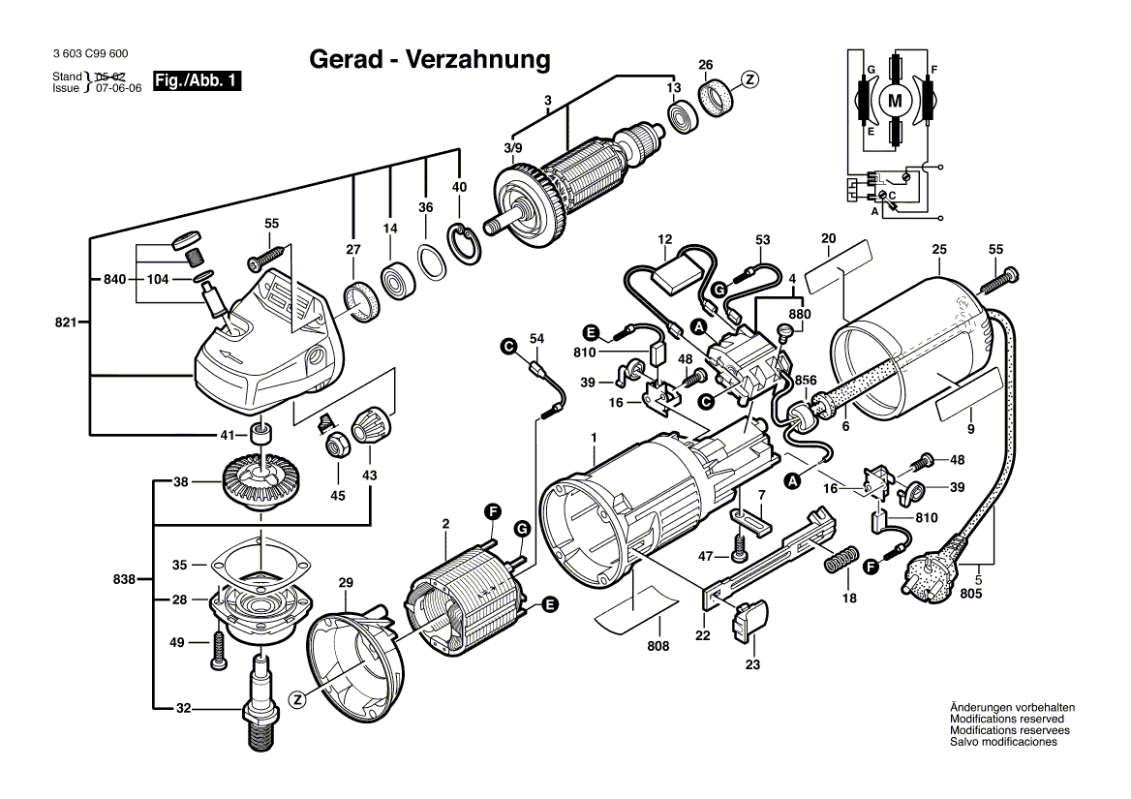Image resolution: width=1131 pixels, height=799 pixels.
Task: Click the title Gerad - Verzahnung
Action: [x=429, y=59]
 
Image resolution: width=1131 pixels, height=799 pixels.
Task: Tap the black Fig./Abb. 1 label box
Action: [x=197, y=80]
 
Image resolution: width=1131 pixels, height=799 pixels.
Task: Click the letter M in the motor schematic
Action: [x=895, y=101]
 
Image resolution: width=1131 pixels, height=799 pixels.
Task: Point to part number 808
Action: [x=657, y=646]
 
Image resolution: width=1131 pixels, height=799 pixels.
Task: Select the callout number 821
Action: [x=66, y=323]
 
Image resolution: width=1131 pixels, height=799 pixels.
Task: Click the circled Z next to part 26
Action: [x=750, y=79]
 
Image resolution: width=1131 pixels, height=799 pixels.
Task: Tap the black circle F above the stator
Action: [x=494, y=512]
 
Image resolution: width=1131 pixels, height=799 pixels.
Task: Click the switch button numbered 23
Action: [x=750, y=622]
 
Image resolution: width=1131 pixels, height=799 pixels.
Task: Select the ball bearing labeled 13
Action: [x=683, y=116]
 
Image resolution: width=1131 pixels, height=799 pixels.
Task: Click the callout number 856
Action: [x=806, y=380]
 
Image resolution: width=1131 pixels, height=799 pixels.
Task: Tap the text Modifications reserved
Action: [x=1007, y=719]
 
